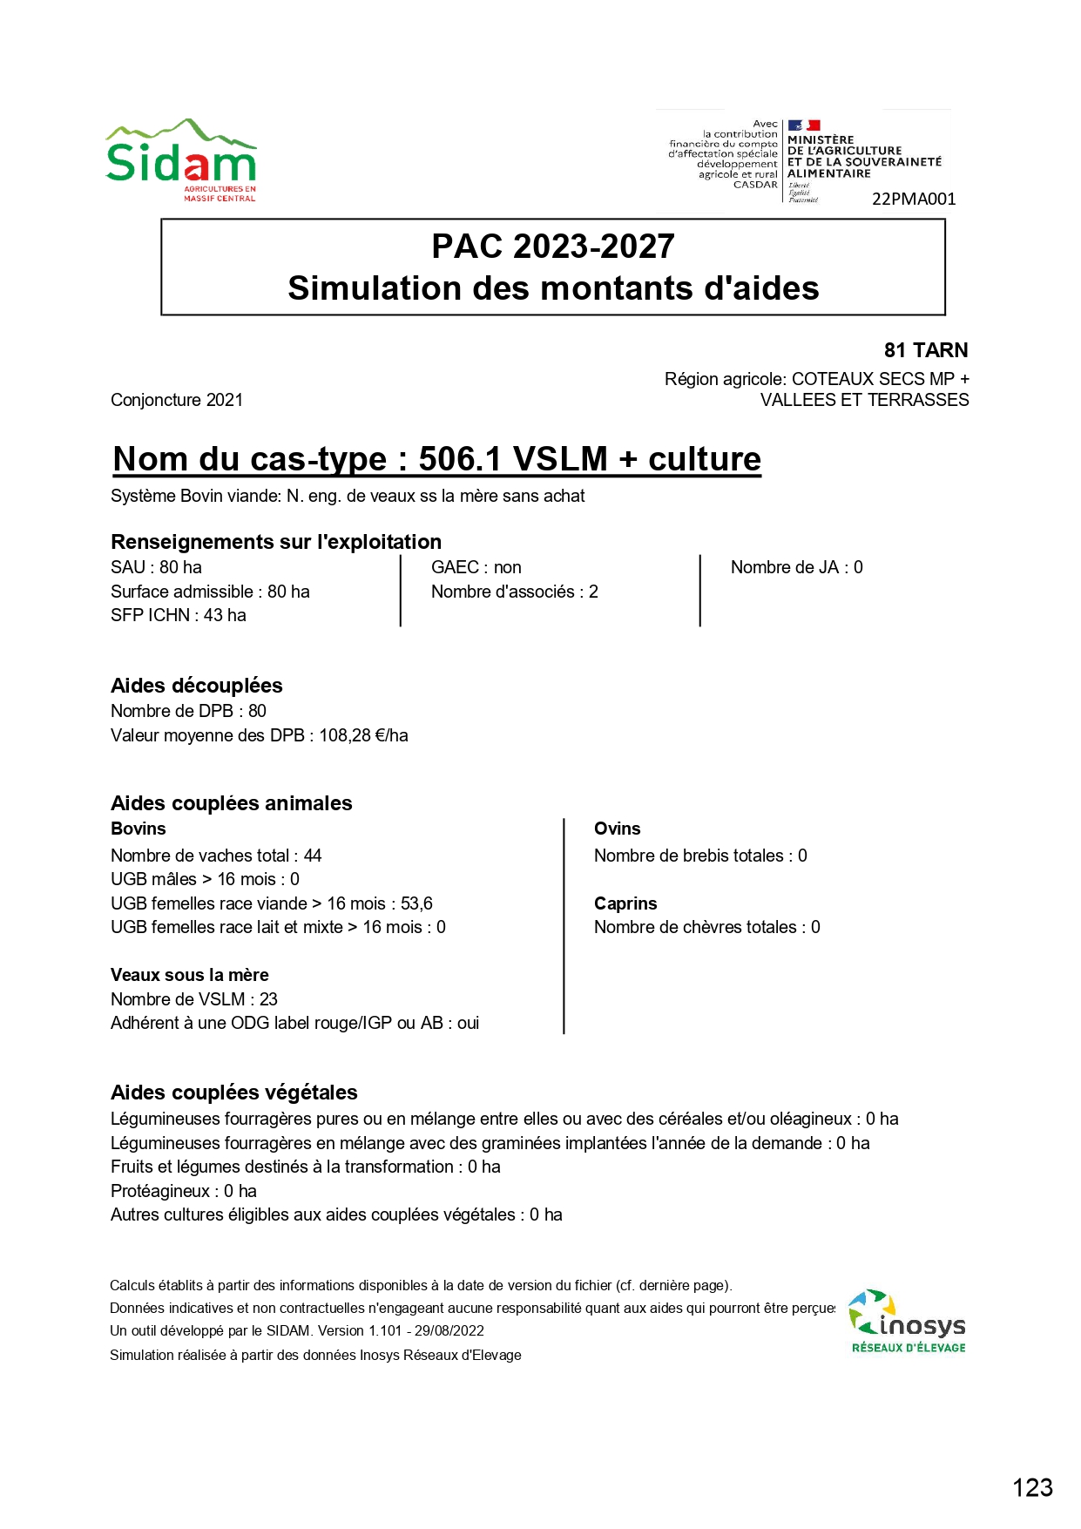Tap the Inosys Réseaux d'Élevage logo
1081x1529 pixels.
point(908,1322)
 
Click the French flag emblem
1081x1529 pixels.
point(804,125)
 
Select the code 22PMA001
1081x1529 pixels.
point(914,199)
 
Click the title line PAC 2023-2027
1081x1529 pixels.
point(553,247)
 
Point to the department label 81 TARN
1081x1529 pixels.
point(925,350)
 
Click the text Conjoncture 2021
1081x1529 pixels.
point(177,400)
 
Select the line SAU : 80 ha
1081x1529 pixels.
point(157,567)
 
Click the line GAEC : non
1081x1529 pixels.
point(476,567)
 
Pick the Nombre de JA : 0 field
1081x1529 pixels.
point(796,567)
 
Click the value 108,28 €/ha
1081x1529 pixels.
point(363,735)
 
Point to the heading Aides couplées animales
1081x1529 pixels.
point(232,803)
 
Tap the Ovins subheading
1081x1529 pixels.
point(617,829)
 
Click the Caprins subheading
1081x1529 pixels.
point(625,903)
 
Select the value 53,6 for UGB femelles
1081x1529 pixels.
point(416,903)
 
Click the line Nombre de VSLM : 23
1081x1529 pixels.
point(194,999)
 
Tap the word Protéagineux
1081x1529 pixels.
point(160,1191)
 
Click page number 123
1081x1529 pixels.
point(1032,1488)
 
